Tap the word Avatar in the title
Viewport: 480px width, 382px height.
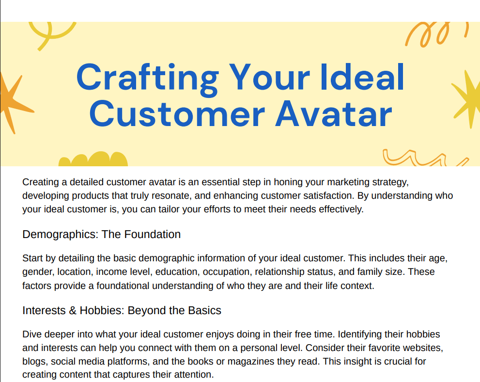pos(334,114)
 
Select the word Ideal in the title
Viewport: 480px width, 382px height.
pos(362,77)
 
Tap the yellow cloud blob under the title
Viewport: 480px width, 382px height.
pos(93,159)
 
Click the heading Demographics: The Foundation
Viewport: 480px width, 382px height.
pos(101,234)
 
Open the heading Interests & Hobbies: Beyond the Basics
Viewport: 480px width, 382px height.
pos(122,310)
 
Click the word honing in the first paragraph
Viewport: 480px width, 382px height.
pos(287,182)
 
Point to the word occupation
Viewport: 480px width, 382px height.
pos(226,272)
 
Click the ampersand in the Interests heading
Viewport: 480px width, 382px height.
pos(73,310)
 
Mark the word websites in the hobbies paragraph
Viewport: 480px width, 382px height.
pos(423,348)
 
